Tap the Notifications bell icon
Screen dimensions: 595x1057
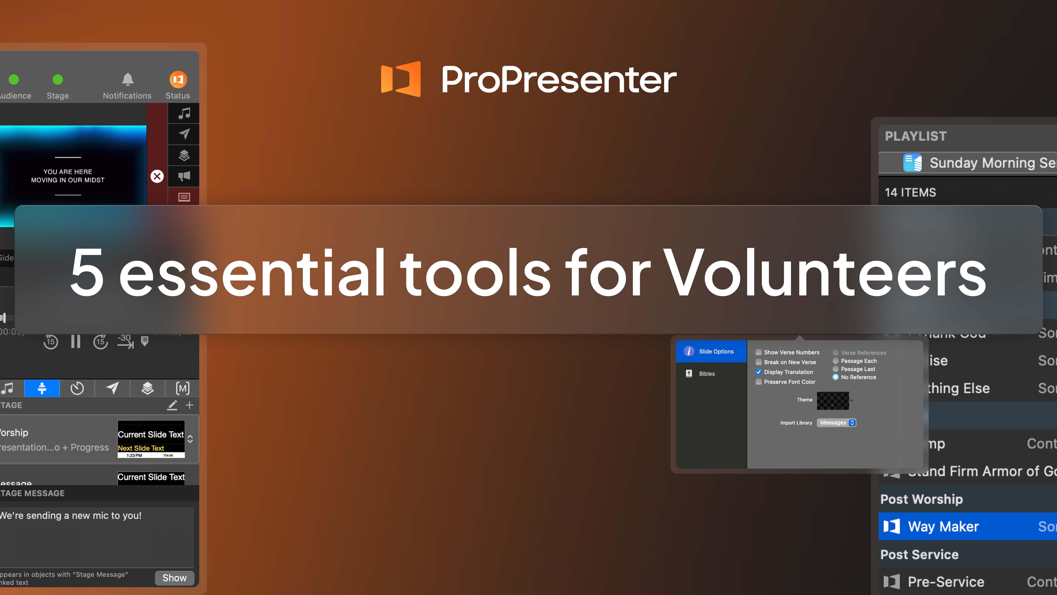128,79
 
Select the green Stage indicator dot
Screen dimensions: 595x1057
58,79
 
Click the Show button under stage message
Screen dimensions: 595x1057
174,578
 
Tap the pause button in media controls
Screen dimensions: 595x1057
75,341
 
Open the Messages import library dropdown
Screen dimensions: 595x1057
836,423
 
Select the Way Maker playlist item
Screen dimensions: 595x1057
943,527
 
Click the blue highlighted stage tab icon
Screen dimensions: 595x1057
42,388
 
